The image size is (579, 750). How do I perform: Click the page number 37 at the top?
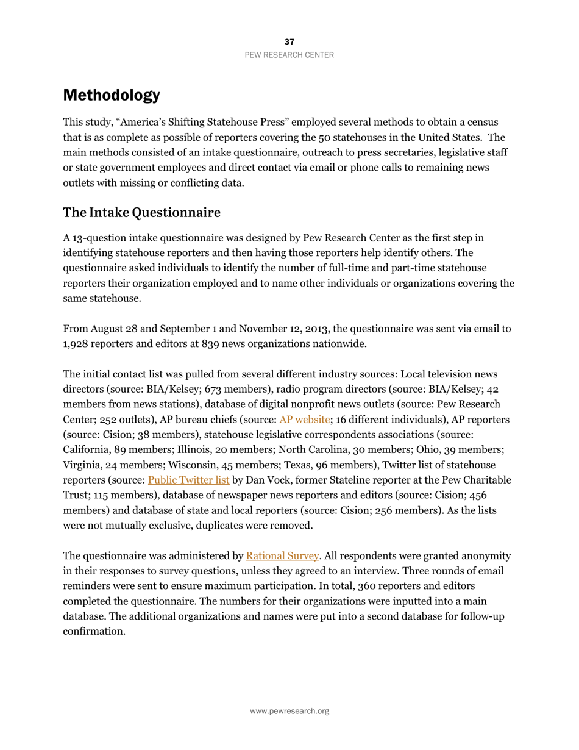[289, 41]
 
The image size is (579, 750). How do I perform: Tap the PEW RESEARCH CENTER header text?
[289, 55]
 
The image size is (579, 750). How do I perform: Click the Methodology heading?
[112, 95]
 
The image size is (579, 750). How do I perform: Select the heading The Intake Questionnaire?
[141, 212]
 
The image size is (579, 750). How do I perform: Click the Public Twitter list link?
[188, 480]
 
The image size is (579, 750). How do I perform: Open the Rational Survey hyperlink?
[282, 555]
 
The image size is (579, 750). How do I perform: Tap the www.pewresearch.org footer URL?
[289, 711]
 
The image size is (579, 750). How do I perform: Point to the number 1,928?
[76, 344]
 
